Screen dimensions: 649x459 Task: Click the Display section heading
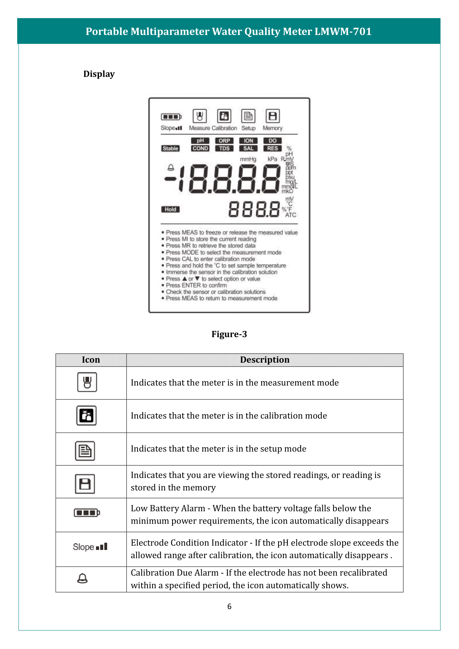(x=99, y=74)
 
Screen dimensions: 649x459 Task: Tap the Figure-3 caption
(x=229, y=334)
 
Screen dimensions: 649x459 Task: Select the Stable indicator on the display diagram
(x=170, y=148)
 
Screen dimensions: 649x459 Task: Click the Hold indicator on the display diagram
(x=170, y=209)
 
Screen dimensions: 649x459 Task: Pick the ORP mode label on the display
(x=224, y=141)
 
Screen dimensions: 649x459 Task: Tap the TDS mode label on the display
(x=224, y=148)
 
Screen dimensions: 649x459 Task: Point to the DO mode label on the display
(x=273, y=141)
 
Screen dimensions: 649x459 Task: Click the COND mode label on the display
(x=200, y=148)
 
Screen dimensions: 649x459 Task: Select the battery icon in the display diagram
(x=171, y=117)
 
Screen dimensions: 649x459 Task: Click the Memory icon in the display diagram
(x=273, y=116)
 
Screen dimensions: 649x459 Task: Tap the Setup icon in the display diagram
(x=248, y=116)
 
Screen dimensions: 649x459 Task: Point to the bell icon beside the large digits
(x=171, y=168)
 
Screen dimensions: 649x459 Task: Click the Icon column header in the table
(x=91, y=360)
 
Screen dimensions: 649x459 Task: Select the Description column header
(x=264, y=360)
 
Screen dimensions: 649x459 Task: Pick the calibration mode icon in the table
(x=87, y=416)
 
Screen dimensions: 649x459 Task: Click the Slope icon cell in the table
(x=90, y=547)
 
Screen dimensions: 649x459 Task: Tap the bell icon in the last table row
(x=82, y=579)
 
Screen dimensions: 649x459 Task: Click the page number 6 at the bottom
(x=229, y=606)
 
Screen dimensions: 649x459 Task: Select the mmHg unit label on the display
(x=248, y=160)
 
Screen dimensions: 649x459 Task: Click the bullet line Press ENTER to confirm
(x=196, y=285)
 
